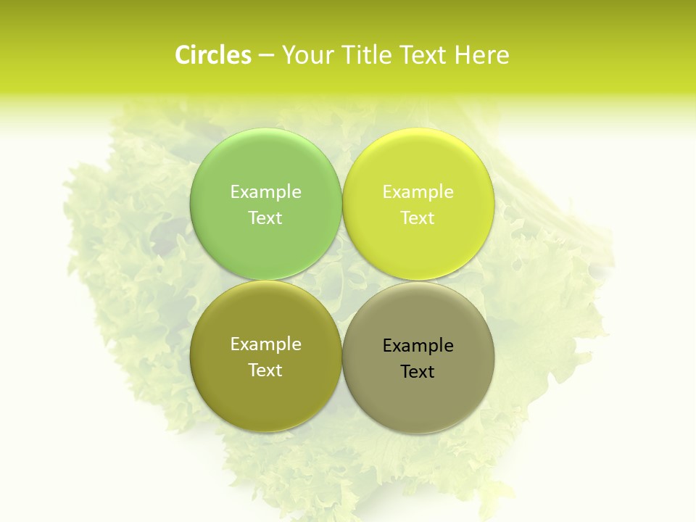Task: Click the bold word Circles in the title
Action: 212,55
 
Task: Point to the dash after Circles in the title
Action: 265,56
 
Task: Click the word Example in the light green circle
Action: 265,192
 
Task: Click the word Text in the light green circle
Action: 265,218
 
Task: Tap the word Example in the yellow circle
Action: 418,192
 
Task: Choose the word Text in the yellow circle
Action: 418,218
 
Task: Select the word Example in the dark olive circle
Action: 265,344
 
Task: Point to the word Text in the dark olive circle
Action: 265,370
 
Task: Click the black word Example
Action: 418,346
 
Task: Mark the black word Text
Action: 418,372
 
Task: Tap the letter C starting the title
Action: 183,55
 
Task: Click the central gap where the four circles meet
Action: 342,281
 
